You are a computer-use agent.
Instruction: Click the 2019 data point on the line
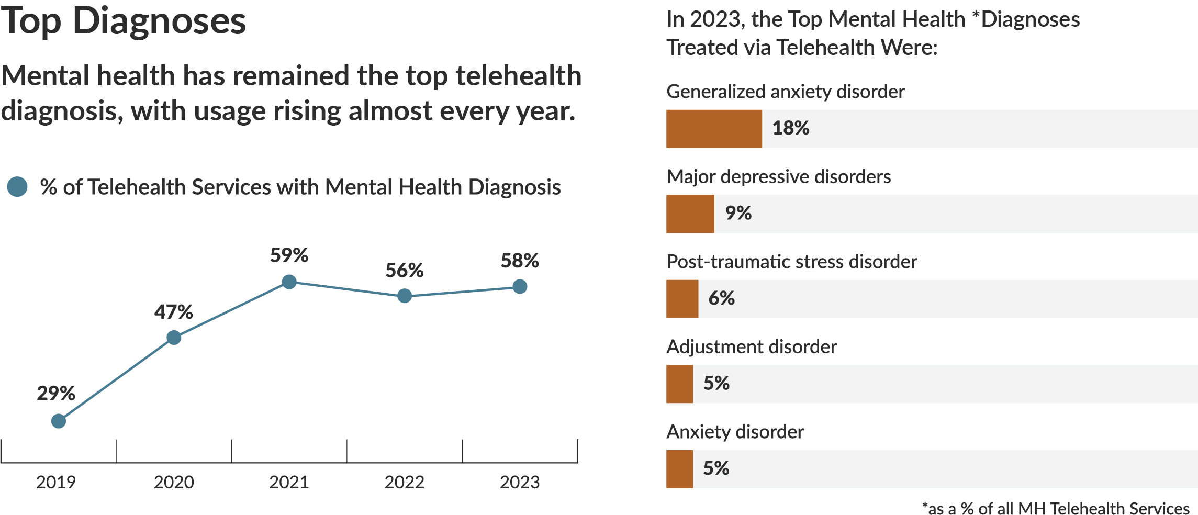tap(59, 421)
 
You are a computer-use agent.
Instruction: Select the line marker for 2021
tap(289, 282)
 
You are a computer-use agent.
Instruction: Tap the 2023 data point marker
tap(520, 286)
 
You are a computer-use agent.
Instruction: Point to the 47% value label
tap(173, 312)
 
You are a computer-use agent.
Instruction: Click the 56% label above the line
tap(405, 271)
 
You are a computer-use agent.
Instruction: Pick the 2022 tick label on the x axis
tap(405, 482)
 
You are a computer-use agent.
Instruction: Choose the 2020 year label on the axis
tap(174, 482)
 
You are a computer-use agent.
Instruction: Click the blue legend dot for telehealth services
tap(17, 187)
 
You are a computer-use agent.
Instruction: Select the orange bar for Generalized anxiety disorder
tap(714, 129)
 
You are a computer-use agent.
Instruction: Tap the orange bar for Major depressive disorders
tap(690, 214)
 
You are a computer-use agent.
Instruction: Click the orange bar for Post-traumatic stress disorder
tap(682, 299)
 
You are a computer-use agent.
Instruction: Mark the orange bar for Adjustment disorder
tap(679, 384)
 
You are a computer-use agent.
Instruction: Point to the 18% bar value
tap(791, 128)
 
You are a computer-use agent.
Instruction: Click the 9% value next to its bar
tap(738, 213)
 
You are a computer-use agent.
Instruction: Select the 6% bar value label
tap(721, 298)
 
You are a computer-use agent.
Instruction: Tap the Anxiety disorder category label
tap(735, 432)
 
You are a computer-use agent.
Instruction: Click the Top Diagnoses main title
tap(124, 21)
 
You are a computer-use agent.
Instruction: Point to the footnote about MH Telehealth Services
tap(1056, 508)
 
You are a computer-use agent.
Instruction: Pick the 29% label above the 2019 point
tap(56, 394)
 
